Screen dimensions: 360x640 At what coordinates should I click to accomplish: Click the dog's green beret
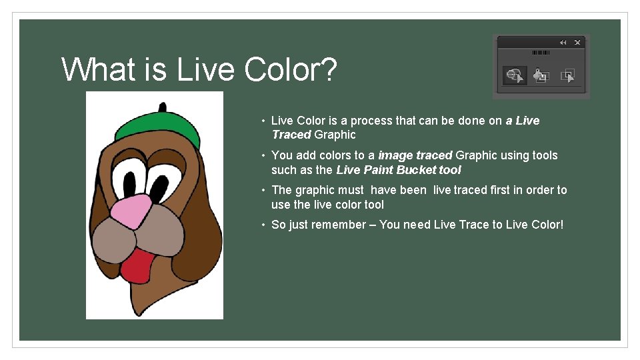click(x=156, y=129)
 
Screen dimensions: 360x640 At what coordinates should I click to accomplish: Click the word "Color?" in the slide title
click(x=290, y=69)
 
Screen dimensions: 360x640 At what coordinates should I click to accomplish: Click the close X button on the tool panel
click(x=577, y=43)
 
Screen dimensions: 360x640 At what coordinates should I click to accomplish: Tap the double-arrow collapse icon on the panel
click(x=563, y=43)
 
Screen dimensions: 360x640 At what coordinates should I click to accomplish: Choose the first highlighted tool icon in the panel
click(x=514, y=76)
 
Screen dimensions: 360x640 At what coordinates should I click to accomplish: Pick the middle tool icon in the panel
click(x=541, y=76)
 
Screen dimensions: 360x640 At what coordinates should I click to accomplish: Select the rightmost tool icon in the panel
click(x=567, y=76)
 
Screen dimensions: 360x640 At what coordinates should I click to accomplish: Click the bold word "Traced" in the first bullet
click(x=291, y=135)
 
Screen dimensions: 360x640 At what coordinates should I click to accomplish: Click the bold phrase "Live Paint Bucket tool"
click(x=398, y=170)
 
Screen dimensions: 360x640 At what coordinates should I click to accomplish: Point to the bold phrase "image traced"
click(x=415, y=155)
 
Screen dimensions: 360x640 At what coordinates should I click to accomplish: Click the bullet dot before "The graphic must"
click(x=264, y=190)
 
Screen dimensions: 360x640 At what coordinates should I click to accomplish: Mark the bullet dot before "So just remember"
click(x=264, y=225)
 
